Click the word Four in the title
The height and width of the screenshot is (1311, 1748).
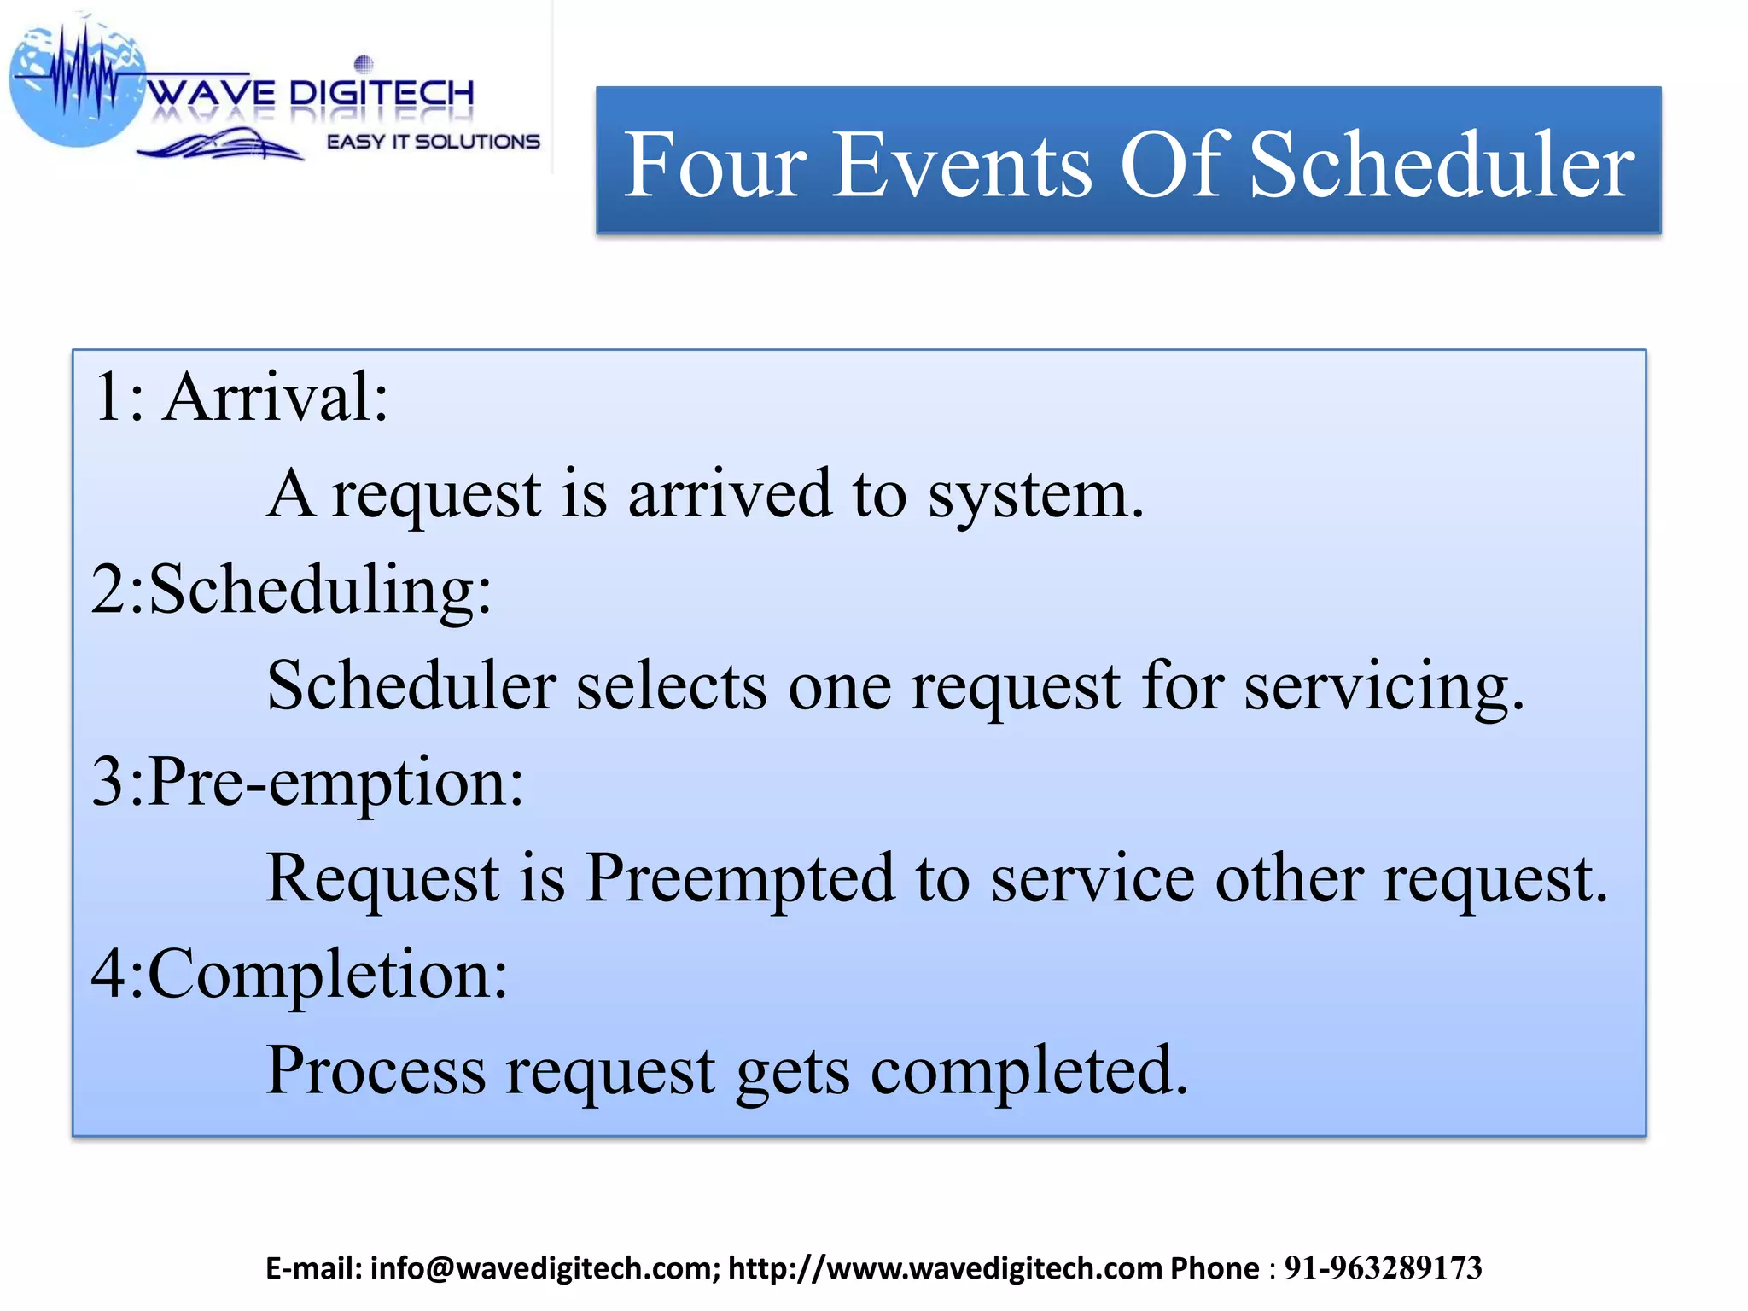(x=715, y=165)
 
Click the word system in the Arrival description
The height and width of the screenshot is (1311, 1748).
(x=1034, y=495)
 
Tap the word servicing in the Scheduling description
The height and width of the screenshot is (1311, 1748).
(x=1383, y=687)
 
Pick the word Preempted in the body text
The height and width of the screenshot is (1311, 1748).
(x=740, y=879)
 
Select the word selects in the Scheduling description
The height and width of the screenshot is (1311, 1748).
(x=672, y=687)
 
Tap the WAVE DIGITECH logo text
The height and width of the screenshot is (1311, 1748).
(x=312, y=92)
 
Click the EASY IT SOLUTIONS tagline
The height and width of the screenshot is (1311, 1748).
(x=434, y=142)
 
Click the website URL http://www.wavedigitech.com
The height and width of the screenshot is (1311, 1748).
(x=945, y=1268)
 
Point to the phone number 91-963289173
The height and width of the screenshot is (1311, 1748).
(x=1383, y=1268)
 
